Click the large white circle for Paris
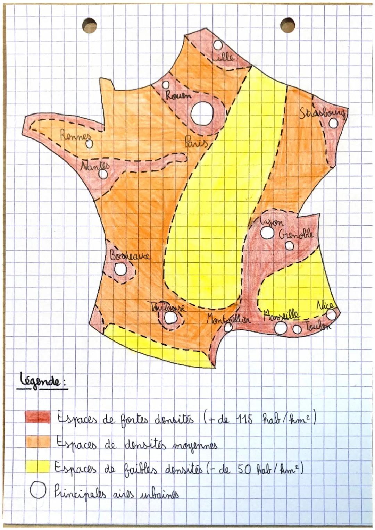pos(202,113)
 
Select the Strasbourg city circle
pos(333,123)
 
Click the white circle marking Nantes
pos(103,174)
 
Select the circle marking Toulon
pos(297,329)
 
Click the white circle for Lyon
pos(267,233)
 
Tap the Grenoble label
pos(296,234)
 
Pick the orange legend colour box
pos(38,442)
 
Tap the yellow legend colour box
pos(37,466)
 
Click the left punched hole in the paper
pos(90,25)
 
